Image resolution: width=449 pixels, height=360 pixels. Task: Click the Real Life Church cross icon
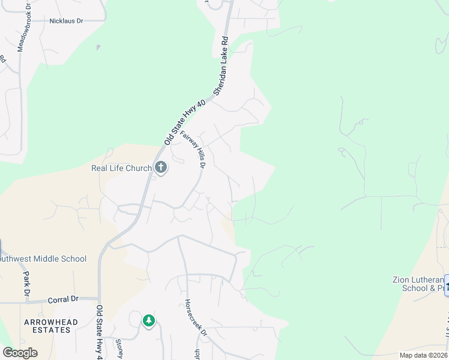click(160, 168)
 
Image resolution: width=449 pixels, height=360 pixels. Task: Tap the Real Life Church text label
click(121, 169)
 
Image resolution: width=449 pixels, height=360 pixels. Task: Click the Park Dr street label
click(26, 278)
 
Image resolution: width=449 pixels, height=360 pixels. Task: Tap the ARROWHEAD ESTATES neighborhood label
click(51, 326)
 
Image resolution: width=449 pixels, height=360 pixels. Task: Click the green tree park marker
click(148, 321)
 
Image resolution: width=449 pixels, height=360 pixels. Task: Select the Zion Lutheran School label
click(417, 283)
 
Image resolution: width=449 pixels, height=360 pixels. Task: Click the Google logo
click(19, 352)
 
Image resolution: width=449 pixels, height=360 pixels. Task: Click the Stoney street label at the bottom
click(118, 347)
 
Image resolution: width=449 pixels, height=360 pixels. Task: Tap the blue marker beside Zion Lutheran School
click(447, 283)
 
